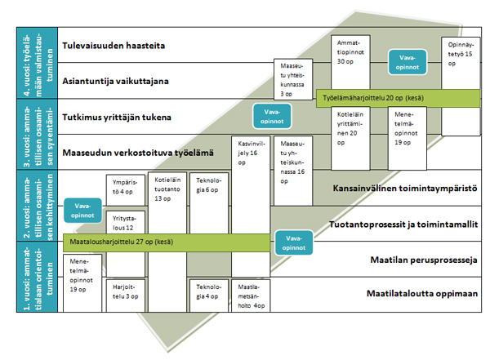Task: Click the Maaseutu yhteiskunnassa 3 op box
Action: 292,77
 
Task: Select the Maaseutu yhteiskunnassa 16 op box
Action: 292,159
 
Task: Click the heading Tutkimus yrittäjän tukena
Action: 117,118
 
